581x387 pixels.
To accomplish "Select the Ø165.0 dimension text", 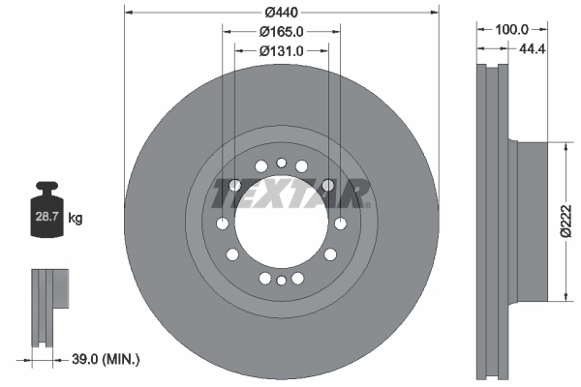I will point(282,32).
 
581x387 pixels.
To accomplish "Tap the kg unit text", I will point(76,219).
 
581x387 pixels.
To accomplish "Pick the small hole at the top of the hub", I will point(281,164).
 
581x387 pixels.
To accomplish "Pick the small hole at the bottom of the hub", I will point(281,281).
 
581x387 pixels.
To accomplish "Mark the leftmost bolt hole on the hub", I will point(222,223).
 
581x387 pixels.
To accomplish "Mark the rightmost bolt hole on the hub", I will point(340,223).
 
